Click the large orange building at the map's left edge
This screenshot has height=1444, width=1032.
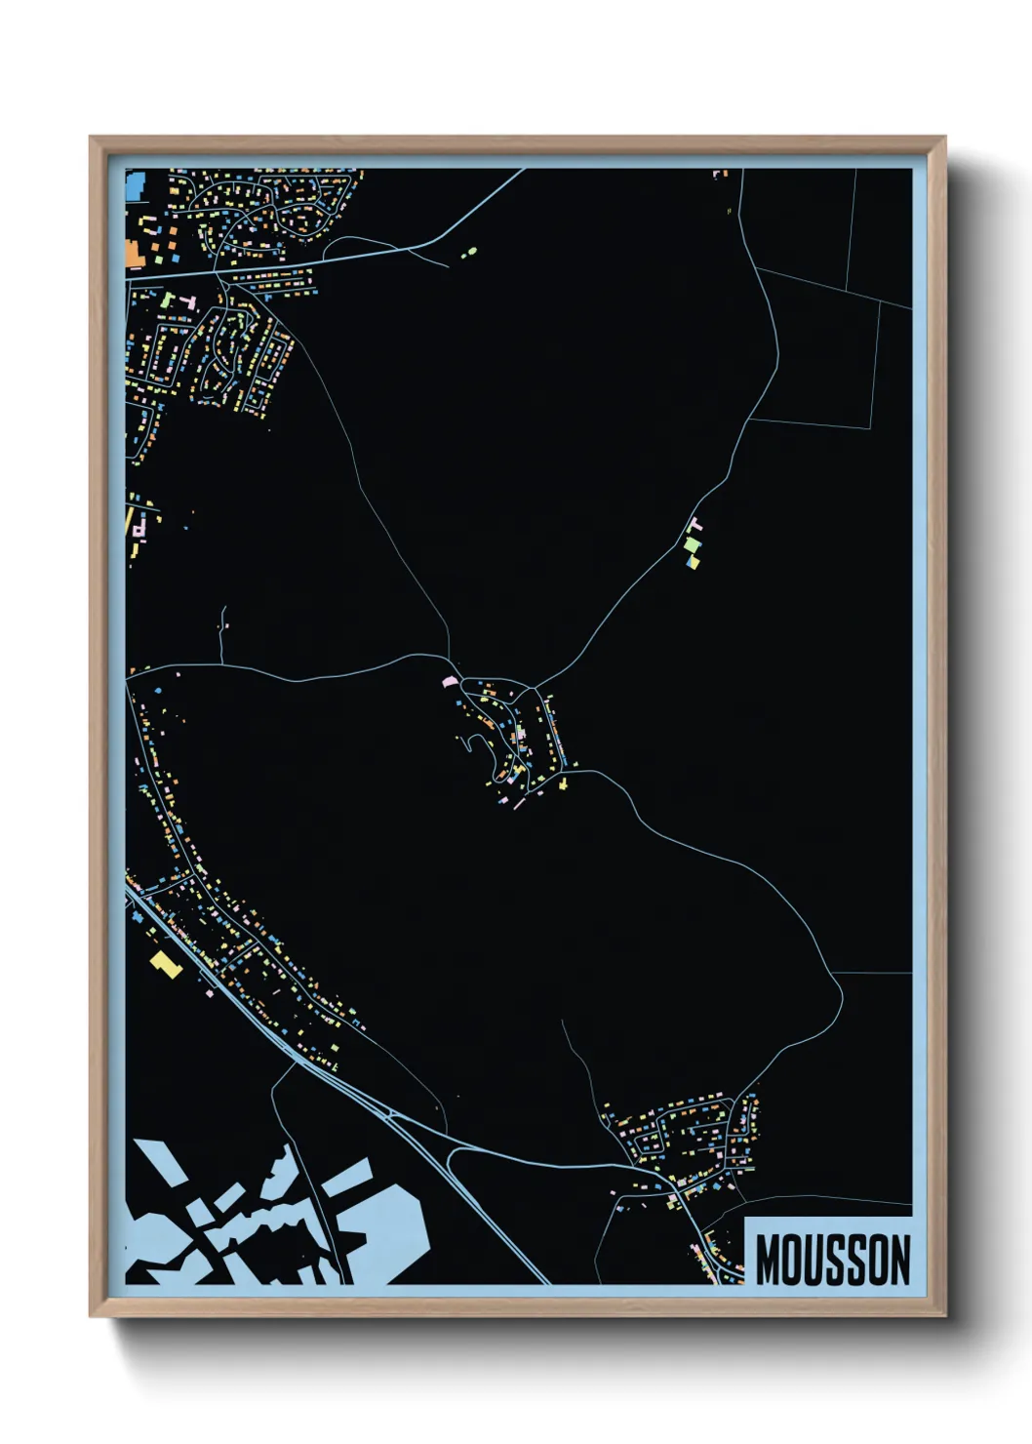tap(134, 255)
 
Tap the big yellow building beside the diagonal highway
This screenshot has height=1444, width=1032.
tap(164, 963)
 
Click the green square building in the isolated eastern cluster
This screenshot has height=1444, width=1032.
tap(692, 543)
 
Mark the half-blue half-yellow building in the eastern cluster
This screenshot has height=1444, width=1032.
tap(693, 562)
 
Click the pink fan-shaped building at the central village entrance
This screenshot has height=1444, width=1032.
tap(450, 680)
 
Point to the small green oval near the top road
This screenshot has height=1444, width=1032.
tap(468, 253)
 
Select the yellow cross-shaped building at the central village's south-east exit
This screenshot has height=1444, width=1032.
tap(563, 782)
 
